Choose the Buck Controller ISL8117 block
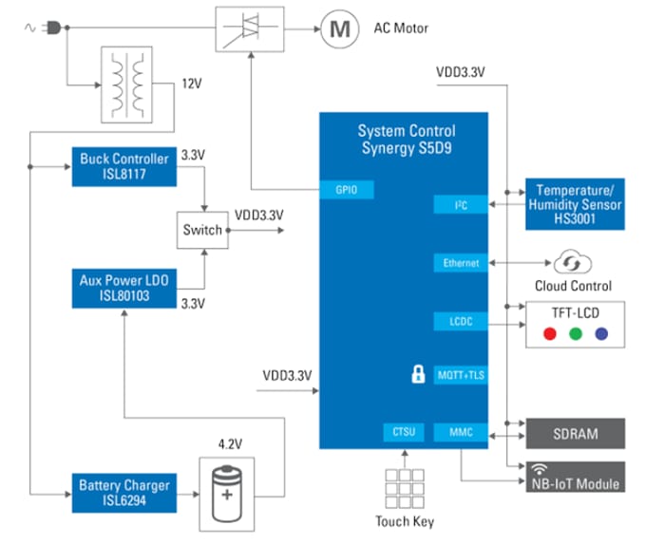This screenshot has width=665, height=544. point(123,165)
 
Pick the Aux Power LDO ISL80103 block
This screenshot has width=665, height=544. point(123,289)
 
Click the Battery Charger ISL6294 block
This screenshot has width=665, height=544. point(123,493)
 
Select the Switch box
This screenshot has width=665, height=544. point(203,230)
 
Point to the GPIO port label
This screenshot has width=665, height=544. point(346,191)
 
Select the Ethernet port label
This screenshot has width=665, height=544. point(461,263)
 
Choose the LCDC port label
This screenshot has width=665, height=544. point(461,322)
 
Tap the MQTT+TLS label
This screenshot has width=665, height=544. point(461,375)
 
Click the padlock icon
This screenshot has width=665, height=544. point(417,374)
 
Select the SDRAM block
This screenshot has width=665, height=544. point(575,434)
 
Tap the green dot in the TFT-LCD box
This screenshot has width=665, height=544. point(575,334)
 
